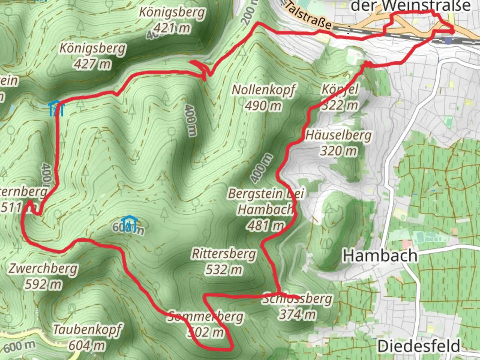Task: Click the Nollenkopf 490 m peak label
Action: click(263, 97)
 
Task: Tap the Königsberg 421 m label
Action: click(172, 20)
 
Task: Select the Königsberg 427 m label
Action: click(93, 56)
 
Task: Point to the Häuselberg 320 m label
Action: click(339, 143)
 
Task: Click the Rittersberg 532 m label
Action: click(224, 262)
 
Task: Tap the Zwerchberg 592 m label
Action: click(43, 276)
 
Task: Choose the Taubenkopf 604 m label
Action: click(87, 337)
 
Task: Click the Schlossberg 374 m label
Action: click(297, 306)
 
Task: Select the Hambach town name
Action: click(380, 256)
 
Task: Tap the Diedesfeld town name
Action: click(419, 347)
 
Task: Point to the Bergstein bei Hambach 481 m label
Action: click(265, 209)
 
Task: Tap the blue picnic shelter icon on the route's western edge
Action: click(56, 108)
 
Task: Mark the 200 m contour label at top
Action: click(250, 13)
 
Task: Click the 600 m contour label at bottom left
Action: click(19, 346)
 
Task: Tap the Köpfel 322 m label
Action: click(339, 97)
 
